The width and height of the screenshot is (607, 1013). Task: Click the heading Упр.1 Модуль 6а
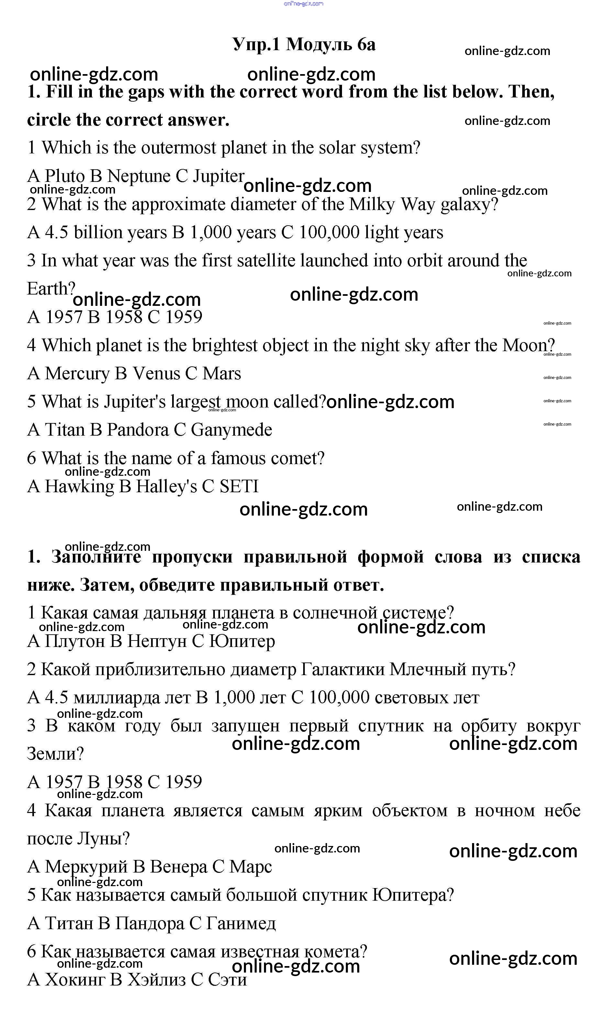coord(303,44)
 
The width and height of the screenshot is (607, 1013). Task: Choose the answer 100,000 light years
coord(370,232)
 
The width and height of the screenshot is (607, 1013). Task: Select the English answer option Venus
coord(156,373)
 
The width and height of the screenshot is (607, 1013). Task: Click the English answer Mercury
coord(77,373)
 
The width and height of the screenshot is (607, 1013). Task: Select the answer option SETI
coord(239,486)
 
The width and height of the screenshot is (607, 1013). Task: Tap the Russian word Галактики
coord(343,669)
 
